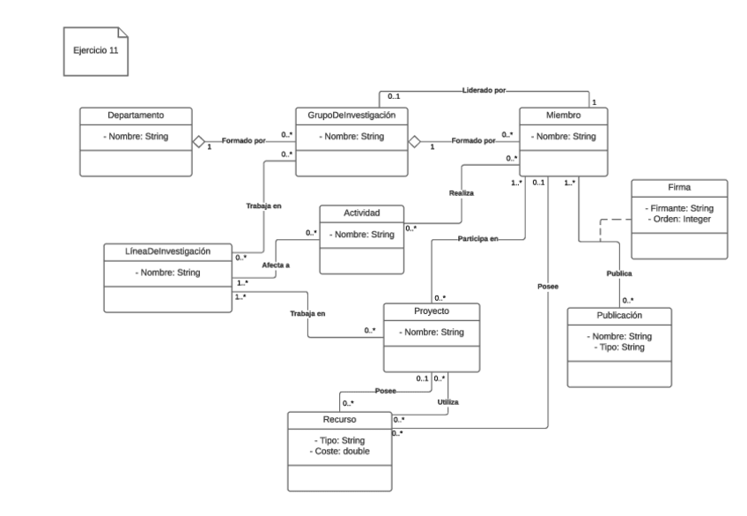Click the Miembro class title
(563, 115)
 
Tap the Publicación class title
(619, 315)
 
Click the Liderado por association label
(481, 90)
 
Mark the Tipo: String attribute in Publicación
(618, 348)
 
